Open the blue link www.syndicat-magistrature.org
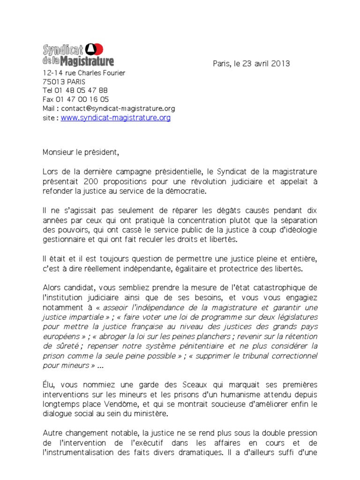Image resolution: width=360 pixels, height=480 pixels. pos(115,118)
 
